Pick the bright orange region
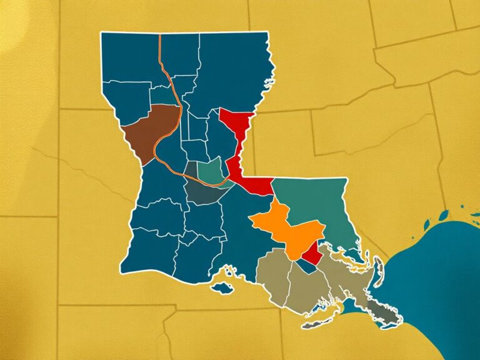pos(284,225)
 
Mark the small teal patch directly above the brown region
pos(161,96)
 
